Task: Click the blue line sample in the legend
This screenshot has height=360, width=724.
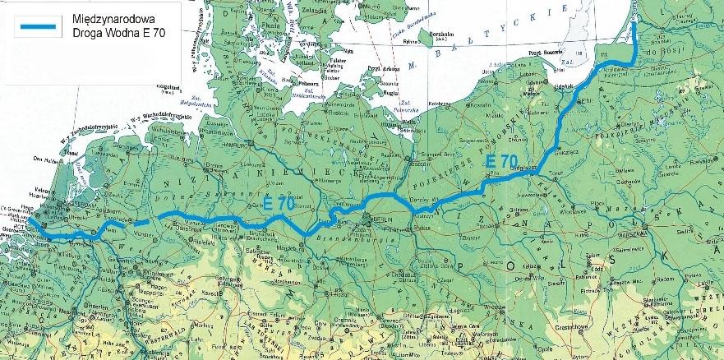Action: coord(34,27)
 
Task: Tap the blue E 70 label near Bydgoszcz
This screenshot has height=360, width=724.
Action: coord(500,160)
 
